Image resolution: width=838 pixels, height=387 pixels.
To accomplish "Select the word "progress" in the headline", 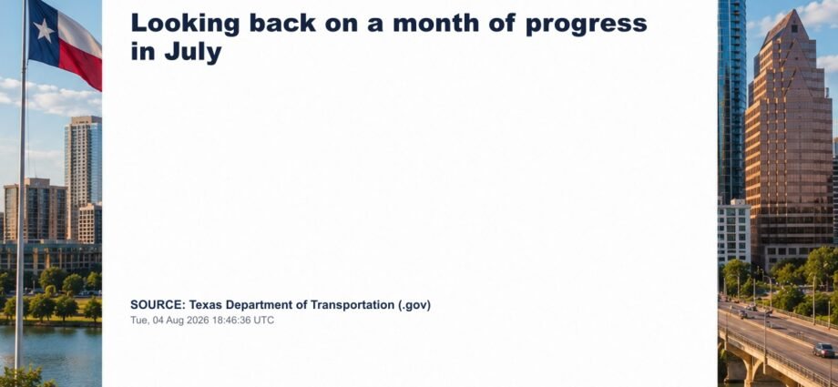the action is pyautogui.click(x=587, y=25).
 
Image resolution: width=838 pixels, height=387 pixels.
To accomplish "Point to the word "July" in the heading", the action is pyautogui.click(x=193, y=53).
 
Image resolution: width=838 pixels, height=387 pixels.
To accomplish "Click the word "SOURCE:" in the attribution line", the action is pyautogui.click(x=158, y=305).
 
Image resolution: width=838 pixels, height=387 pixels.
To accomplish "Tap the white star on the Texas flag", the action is pyautogui.click(x=44, y=30).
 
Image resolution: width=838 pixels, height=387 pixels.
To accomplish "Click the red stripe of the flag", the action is pyautogui.click(x=80, y=66).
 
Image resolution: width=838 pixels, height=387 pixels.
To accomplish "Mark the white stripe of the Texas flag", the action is pyautogui.click(x=79, y=33).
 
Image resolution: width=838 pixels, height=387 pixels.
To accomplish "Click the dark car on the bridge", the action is pyautogui.click(x=823, y=350).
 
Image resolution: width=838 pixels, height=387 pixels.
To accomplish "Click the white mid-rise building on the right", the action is pyautogui.click(x=734, y=232).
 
